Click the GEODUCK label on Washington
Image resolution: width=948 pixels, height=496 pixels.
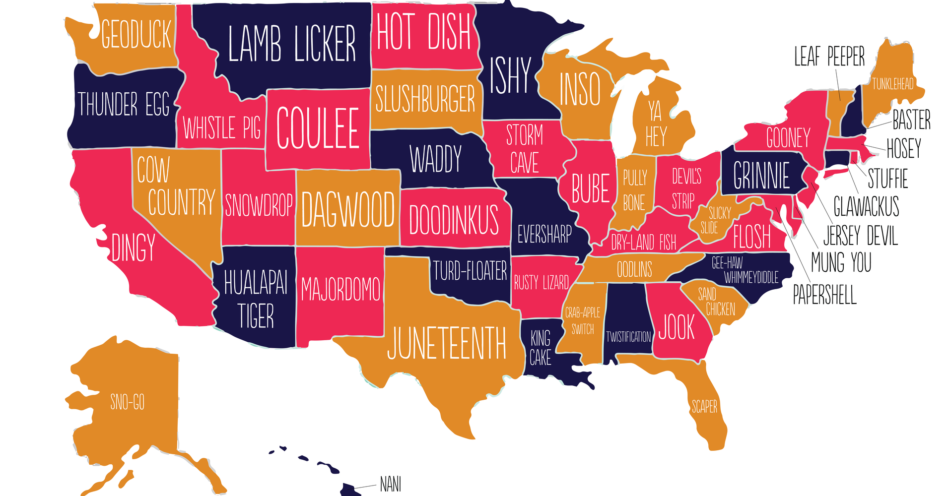coord(136,35)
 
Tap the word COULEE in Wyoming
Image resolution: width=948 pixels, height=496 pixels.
coord(318,128)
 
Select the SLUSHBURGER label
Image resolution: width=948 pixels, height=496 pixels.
coord(425,99)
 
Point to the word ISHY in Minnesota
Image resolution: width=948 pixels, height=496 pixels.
coord(510,76)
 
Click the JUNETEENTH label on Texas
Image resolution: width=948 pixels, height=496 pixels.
coord(446,343)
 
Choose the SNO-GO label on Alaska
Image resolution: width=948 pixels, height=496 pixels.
coord(128,402)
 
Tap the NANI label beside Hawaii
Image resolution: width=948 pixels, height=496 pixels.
coord(391,484)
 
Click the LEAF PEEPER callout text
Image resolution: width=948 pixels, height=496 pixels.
coord(829,57)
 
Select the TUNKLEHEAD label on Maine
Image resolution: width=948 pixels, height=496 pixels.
coord(892,84)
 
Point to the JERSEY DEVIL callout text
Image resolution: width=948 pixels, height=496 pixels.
coord(860,235)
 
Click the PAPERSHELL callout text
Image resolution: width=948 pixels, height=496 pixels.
coord(824,295)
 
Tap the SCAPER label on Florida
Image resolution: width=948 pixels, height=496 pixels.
coord(704,407)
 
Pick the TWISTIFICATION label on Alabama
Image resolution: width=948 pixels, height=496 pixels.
coord(628,337)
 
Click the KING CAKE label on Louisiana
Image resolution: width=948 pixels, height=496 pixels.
coord(540,348)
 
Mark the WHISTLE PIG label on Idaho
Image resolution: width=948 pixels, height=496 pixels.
coord(222,128)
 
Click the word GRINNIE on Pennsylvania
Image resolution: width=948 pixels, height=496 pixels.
coord(761,176)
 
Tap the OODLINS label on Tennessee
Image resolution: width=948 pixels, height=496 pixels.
coord(634,270)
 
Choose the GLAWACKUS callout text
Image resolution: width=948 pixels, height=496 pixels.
coord(866,206)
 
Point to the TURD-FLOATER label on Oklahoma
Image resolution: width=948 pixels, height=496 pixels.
coord(470,271)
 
